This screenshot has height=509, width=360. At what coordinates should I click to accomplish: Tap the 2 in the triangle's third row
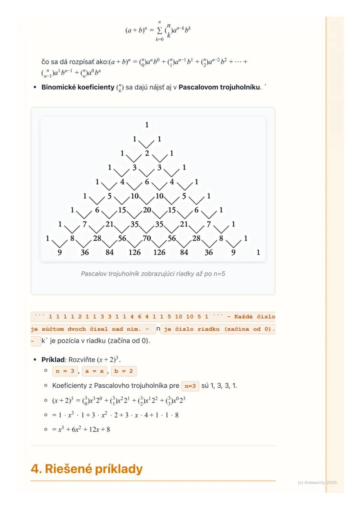[x=147, y=153]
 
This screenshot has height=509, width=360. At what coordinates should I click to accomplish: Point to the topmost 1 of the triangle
[x=147, y=125]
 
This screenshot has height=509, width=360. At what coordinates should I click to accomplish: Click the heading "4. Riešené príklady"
[x=87, y=469]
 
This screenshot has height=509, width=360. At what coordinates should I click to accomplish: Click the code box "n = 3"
[x=65, y=372]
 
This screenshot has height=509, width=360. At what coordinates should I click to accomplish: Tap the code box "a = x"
[x=94, y=372]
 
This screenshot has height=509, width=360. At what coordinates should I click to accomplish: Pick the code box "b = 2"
[x=124, y=372]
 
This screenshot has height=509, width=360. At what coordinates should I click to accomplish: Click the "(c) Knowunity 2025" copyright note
[x=317, y=482]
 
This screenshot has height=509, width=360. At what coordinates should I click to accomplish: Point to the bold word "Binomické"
[x=60, y=87]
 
